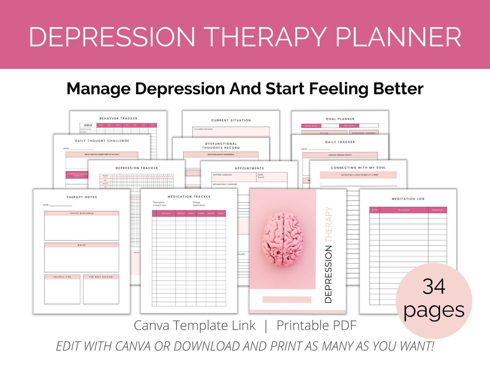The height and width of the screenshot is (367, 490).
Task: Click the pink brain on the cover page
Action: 283,237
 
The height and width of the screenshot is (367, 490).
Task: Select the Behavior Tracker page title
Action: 118,119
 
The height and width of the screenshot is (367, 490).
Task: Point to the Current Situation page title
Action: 231,121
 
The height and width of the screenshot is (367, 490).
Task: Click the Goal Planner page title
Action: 340,119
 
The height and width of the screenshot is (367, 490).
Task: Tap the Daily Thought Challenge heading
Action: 102,141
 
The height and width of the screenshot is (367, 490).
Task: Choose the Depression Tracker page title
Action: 137,168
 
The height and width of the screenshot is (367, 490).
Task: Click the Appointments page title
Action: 249,168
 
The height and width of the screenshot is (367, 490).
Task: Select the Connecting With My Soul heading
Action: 358,168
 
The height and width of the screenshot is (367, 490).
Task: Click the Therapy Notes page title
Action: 82,197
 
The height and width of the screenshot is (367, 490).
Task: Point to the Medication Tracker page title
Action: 189,197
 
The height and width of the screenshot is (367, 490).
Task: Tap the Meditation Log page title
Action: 408,199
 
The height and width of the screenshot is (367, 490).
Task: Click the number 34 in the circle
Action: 434,286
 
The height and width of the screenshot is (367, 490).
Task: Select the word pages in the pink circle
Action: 434,310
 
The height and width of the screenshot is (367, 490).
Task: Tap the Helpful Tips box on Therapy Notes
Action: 62,289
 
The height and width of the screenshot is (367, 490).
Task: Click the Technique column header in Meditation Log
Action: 403,210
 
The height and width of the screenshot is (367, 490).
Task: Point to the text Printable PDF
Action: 316,325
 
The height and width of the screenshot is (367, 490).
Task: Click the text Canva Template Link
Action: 195,325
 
